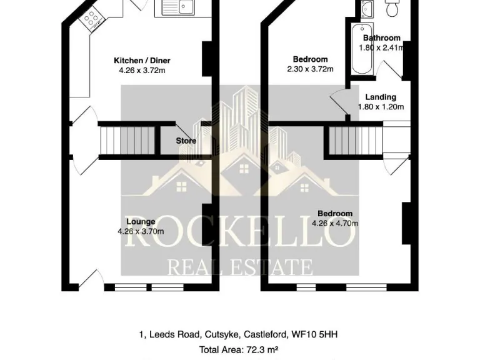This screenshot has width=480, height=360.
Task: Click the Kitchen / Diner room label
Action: click(x=142, y=61)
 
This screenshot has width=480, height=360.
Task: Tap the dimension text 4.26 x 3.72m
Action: click(x=142, y=71)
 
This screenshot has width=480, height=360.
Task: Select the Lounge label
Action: click(x=141, y=221)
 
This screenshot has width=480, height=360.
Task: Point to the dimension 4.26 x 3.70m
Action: click(x=141, y=231)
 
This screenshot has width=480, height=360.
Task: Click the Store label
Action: click(x=186, y=141)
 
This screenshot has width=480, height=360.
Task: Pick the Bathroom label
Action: click(x=381, y=38)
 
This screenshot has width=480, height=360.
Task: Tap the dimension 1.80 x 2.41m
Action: click(x=381, y=47)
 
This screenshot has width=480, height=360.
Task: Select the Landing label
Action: click(x=381, y=97)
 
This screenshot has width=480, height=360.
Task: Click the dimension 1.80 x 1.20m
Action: click(x=381, y=107)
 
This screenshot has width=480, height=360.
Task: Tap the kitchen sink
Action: click(x=179, y=7)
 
